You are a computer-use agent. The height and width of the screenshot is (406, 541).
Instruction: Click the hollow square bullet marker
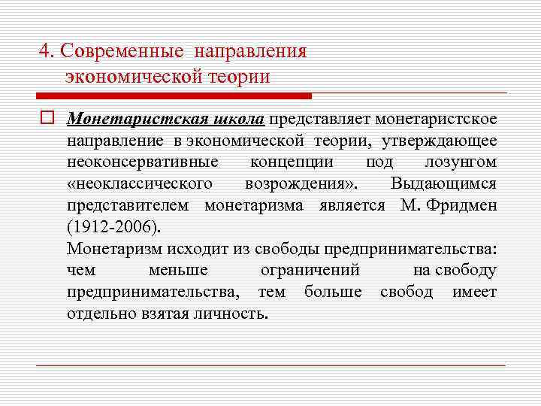coord(47,119)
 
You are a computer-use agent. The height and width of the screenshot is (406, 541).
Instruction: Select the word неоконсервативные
coord(142,162)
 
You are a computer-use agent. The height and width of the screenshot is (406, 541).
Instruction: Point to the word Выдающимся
coord(443,184)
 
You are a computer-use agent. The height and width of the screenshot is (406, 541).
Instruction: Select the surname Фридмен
coord(461,206)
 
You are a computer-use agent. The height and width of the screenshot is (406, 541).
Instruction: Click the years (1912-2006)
coord(113,228)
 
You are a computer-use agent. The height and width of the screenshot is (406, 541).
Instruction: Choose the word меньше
coord(178,271)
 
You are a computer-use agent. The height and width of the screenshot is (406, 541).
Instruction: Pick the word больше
coord(333,292)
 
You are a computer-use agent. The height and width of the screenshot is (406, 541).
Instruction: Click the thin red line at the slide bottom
coord(270,365)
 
